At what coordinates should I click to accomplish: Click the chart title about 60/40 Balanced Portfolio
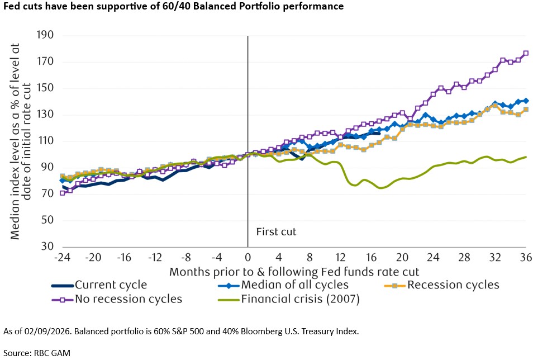(x=173, y=6)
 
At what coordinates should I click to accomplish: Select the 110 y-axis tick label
(x=45, y=141)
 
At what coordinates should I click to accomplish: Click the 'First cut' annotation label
(x=276, y=231)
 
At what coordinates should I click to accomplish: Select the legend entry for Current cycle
(x=111, y=285)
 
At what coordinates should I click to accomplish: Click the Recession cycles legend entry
(x=453, y=285)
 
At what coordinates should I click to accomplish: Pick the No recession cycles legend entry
(x=129, y=299)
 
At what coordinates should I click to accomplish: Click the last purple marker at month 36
(x=526, y=54)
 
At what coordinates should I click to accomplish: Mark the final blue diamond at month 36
(x=526, y=101)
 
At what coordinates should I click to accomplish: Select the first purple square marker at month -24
(x=62, y=193)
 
